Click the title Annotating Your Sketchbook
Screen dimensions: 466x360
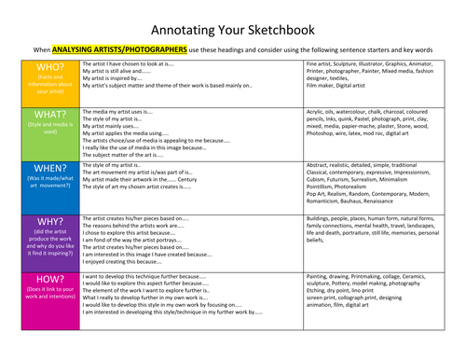coord(233,17)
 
